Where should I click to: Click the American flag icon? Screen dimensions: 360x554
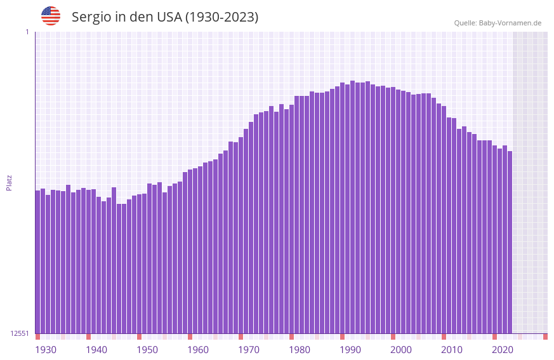pyautogui.click(x=51, y=16)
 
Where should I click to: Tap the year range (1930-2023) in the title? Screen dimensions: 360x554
pyautogui.click(x=221, y=17)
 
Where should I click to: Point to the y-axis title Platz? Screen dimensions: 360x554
pyautogui.click(x=9, y=182)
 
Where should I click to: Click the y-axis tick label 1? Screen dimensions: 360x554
pyautogui.click(x=27, y=32)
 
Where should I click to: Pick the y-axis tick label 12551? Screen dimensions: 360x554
pyautogui.click(x=20, y=333)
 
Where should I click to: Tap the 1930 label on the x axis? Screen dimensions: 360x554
pyautogui.click(x=46, y=350)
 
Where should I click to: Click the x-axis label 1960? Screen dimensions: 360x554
pyautogui.click(x=198, y=350)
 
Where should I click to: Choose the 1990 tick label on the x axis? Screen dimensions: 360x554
pyautogui.click(x=350, y=350)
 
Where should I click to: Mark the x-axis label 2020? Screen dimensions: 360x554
pyautogui.click(x=503, y=350)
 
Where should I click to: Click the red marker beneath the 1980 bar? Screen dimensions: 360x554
pyautogui.click(x=292, y=337)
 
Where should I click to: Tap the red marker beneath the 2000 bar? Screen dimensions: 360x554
pyautogui.click(x=393, y=337)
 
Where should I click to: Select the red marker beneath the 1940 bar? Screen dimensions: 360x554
pyautogui.click(x=89, y=337)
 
